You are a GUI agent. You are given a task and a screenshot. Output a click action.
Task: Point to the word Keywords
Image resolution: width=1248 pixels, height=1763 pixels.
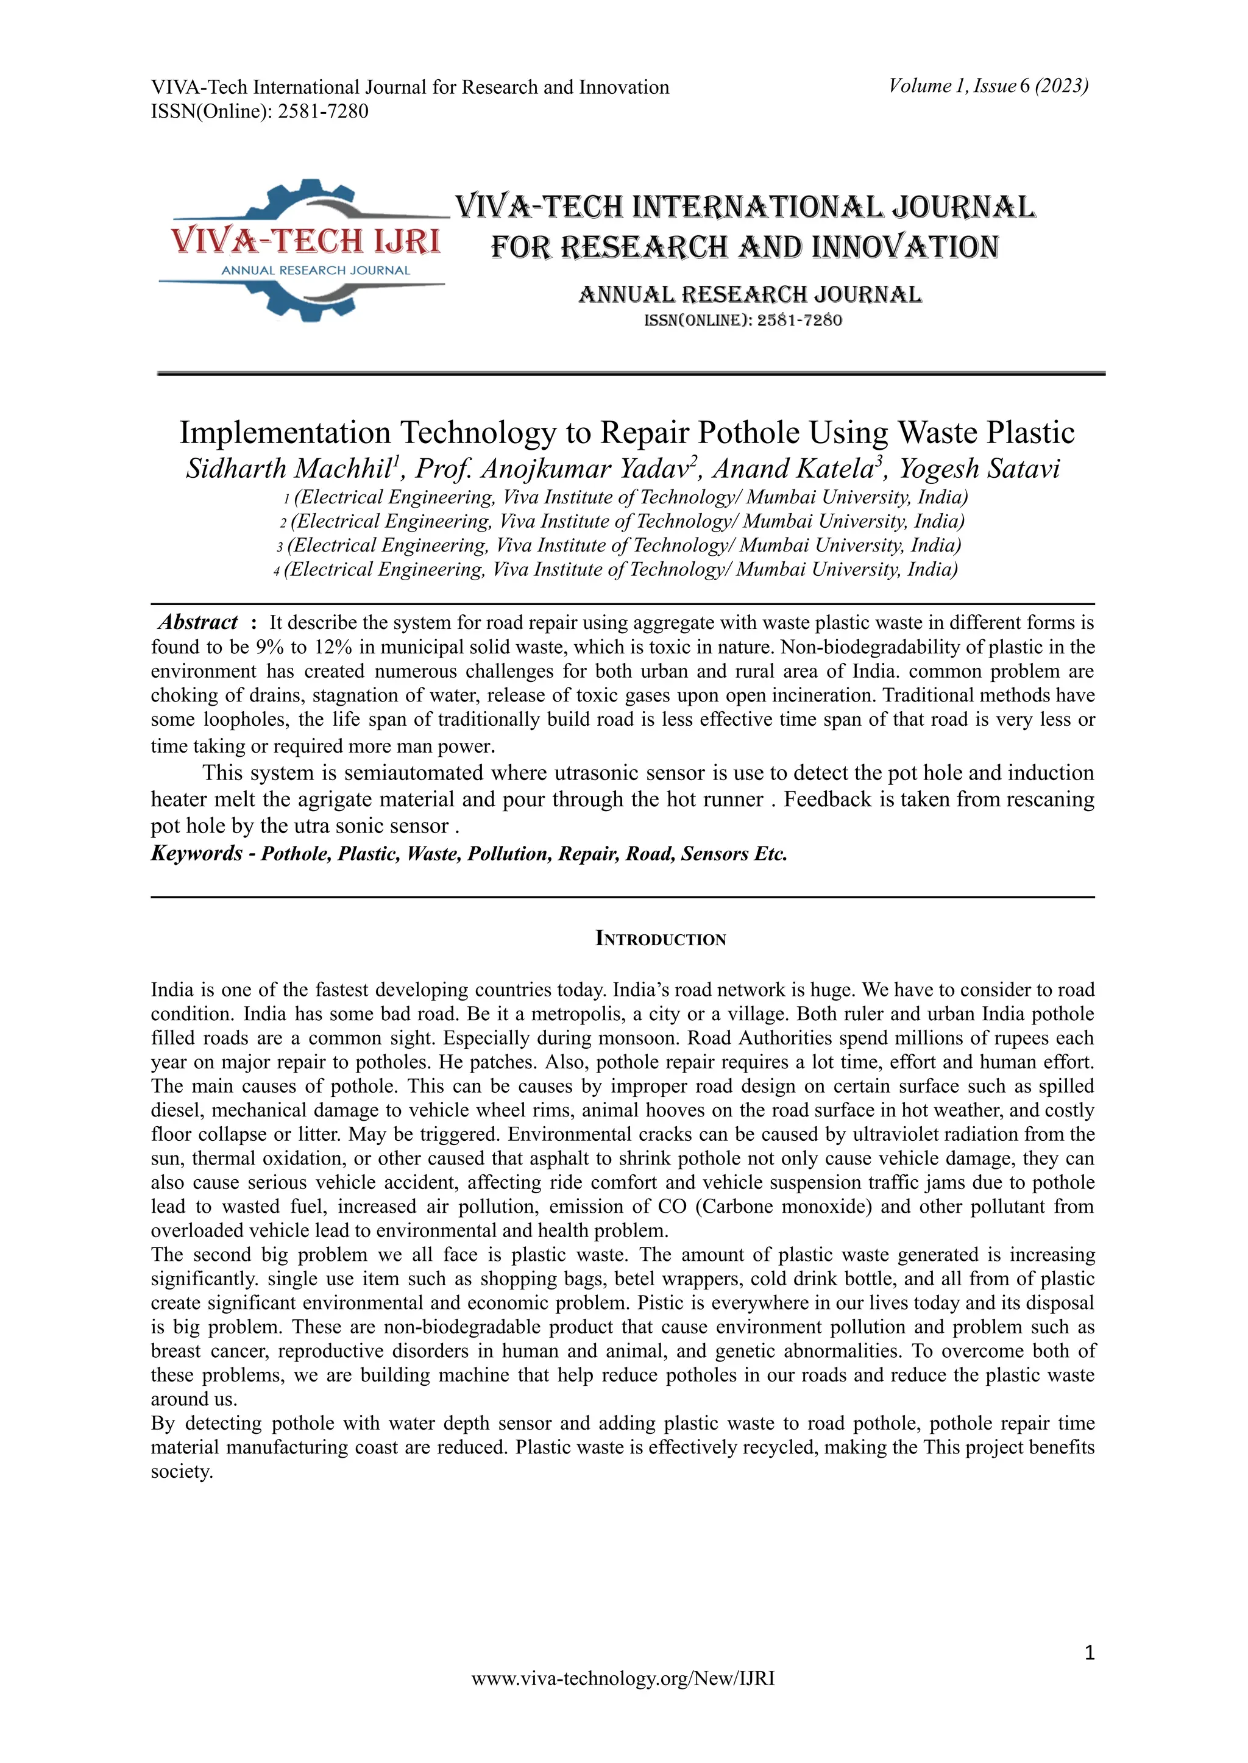tap(197, 853)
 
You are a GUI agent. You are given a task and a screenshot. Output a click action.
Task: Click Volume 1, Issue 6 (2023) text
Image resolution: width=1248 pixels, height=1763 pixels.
tap(988, 86)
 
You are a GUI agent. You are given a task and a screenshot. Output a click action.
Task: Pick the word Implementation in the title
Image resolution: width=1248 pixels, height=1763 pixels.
tap(285, 433)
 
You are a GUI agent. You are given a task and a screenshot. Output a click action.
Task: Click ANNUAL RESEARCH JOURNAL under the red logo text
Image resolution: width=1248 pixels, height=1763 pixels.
tap(315, 271)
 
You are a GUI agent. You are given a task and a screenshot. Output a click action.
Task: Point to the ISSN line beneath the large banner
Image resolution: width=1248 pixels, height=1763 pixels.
tap(742, 320)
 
